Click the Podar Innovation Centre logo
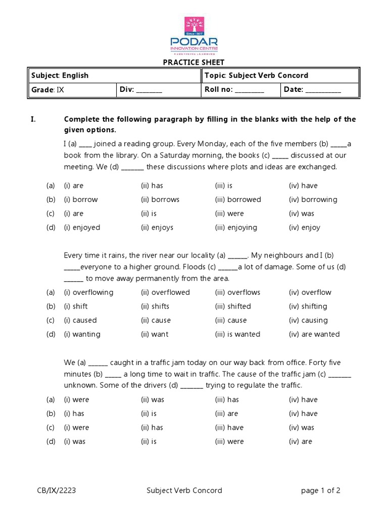(x=193, y=35)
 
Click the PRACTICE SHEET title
(x=193, y=62)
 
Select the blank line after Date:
(x=323, y=90)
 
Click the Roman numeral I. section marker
(x=33, y=119)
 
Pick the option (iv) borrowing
(x=313, y=199)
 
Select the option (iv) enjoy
(x=304, y=227)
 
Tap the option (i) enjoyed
(x=82, y=227)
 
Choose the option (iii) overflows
(x=237, y=292)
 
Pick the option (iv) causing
(x=308, y=320)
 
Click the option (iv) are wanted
(x=314, y=334)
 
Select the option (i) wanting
(x=82, y=334)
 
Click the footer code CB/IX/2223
(x=57, y=490)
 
